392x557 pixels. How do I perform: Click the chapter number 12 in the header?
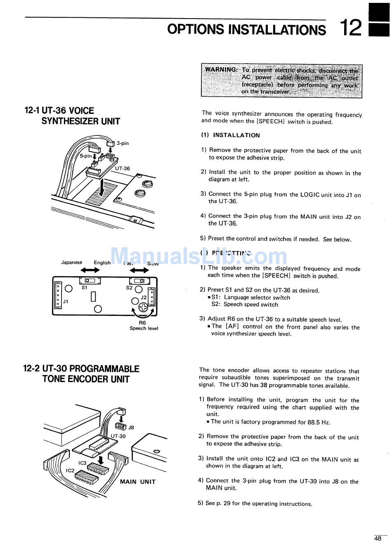(x=351, y=28)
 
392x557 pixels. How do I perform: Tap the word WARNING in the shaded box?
(x=221, y=69)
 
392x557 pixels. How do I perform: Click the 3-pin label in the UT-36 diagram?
(x=123, y=143)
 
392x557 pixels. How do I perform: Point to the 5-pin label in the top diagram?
(x=86, y=156)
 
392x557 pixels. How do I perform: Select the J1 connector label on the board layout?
(x=66, y=301)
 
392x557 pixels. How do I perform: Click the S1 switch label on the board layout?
(x=84, y=287)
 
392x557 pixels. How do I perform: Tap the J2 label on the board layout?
(x=144, y=297)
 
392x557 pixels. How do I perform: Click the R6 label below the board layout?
(x=142, y=322)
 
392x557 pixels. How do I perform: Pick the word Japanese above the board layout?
(x=71, y=262)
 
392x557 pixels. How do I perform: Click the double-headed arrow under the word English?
(x=90, y=270)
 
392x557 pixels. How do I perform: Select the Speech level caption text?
(x=144, y=329)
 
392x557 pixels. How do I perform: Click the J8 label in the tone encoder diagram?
(x=131, y=427)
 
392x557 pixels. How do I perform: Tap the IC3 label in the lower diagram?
(x=83, y=463)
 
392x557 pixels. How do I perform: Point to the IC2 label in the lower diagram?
(x=70, y=470)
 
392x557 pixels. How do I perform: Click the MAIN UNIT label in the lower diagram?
(x=137, y=481)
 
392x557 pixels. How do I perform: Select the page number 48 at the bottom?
(x=378, y=538)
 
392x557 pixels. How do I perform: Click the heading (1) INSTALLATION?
(x=231, y=135)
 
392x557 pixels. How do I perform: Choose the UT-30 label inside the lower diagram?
(x=118, y=436)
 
